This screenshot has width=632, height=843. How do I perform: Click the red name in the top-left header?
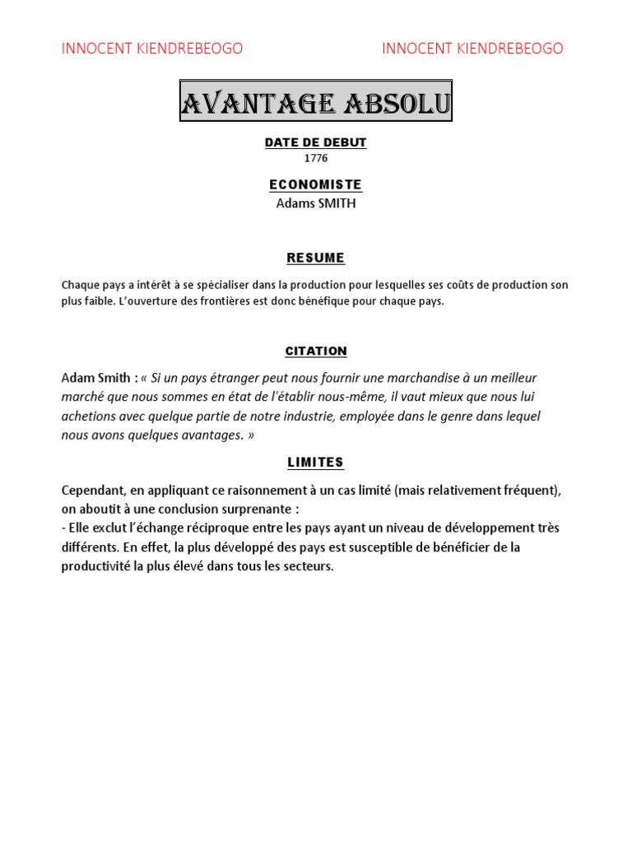point(152,49)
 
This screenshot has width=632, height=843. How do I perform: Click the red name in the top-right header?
point(472,49)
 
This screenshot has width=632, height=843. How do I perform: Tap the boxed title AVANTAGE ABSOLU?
point(316,103)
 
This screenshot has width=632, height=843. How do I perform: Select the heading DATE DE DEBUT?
point(316,142)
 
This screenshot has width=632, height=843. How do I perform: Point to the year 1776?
point(316,158)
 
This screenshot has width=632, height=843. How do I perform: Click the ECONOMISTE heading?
point(316,184)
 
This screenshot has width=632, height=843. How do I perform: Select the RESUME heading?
point(316,258)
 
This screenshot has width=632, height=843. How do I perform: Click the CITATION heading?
point(316,351)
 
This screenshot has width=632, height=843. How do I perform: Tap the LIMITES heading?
point(316,463)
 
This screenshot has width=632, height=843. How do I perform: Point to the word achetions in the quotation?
point(87,416)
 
